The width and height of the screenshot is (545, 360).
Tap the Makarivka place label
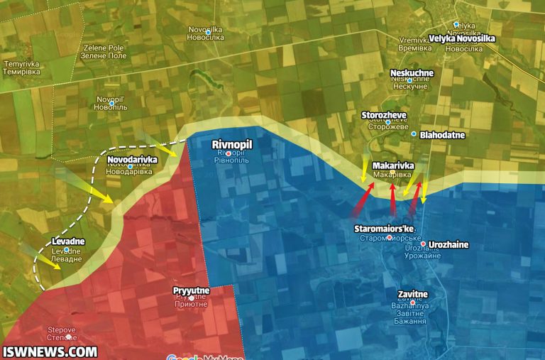pyautogui.click(x=392, y=165)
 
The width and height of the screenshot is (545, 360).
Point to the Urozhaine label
pyautogui.click(x=448, y=245)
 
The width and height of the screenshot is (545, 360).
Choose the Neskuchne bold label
pyautogui.click(x=412, y=73)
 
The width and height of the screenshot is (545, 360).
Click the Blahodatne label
pyautogui.click(x=442, y=133)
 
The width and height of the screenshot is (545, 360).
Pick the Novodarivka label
pyautogui.click(x=132, y=160)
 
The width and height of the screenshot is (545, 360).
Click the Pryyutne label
pyautogui.click(x=191, y=290)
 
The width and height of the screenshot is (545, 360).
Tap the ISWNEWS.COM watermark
pyautogui.click(x=50, y=351)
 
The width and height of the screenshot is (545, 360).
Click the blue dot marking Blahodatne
pyautogui.click(x=414, y=133)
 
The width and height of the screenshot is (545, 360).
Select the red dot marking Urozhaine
pyautogui.click(x=423, y=244)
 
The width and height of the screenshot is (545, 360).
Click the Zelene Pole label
pyautogui.click(x=105, y=51)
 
